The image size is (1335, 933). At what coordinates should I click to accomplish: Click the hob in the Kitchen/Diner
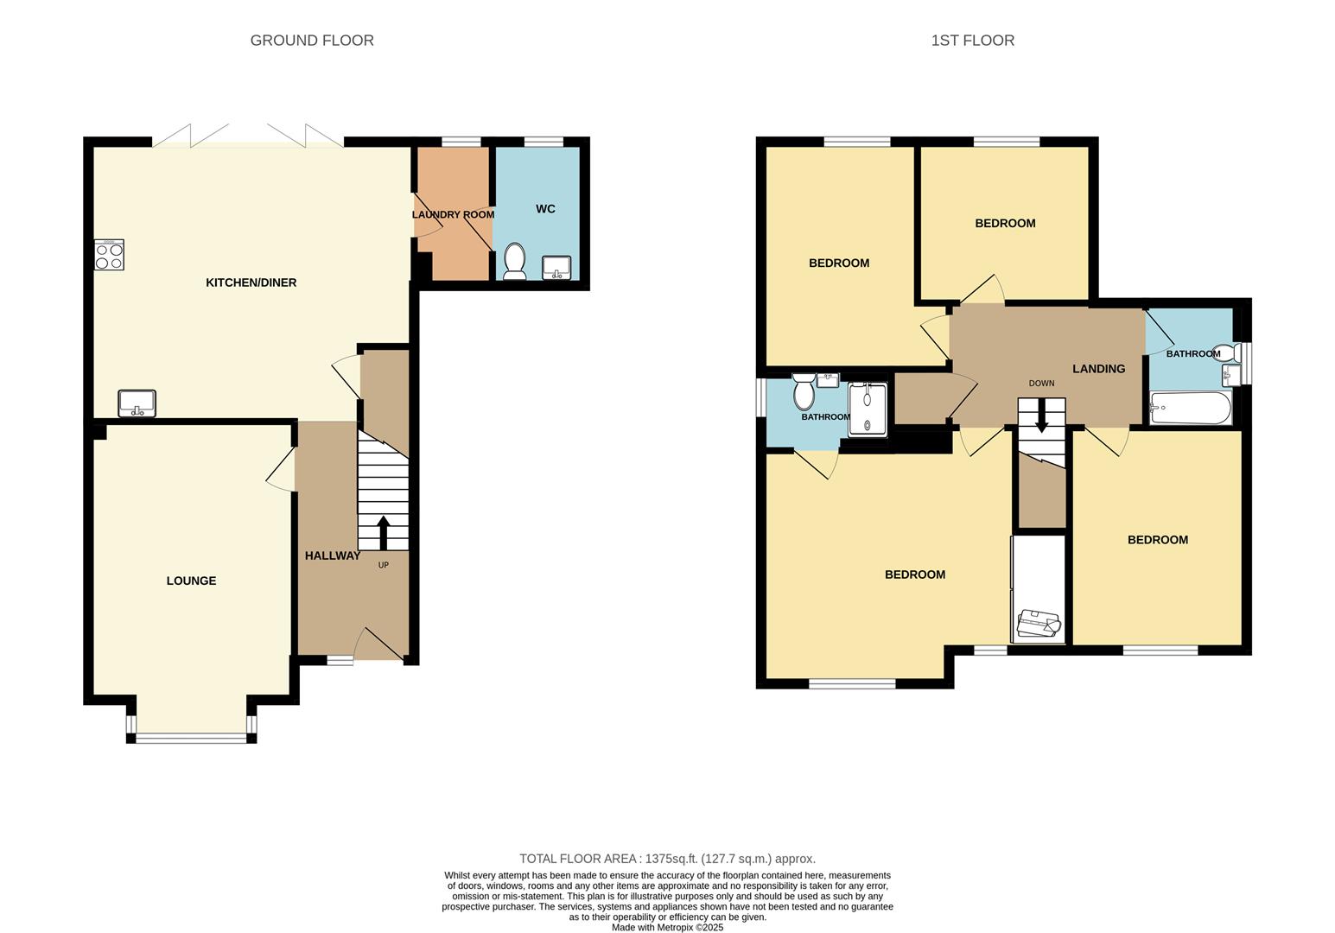[109, 255]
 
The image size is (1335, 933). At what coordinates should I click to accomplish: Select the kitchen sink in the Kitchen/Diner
[137, 403]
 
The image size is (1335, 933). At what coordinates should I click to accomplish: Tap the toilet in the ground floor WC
[515, 261]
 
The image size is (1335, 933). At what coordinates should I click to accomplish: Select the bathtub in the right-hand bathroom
[1190, 408]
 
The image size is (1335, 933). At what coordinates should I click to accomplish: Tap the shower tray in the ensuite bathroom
[867, 408]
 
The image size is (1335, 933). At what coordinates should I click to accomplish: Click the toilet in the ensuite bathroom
[804, 392]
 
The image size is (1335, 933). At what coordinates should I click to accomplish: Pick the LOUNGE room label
[191, 581]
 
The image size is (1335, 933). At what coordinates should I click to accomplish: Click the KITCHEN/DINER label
[251, 282]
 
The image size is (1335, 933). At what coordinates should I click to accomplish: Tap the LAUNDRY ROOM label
[453, 214]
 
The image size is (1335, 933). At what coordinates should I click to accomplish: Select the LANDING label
[1098, 369]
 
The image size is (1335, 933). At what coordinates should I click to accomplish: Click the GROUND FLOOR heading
[312, 41]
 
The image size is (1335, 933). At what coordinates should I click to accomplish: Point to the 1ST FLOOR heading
[972, 41]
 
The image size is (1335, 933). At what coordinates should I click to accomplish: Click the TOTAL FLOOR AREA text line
[667, 859]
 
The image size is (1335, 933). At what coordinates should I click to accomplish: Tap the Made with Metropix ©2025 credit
[667, 927]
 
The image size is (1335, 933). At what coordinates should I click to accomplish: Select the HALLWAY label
[332, 555]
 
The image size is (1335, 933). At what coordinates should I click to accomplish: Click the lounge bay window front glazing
[191, 738]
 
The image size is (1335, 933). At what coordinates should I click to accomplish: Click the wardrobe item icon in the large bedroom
[1039, 624]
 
